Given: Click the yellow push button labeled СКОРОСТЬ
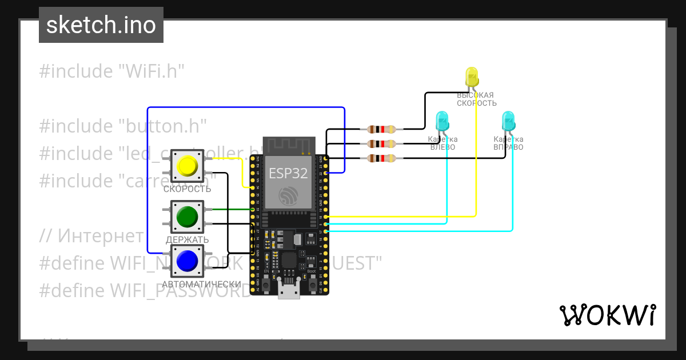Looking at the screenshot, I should (x=187, y=166).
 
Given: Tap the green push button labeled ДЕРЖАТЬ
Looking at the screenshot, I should (x=187, y=217).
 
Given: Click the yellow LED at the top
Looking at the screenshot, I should (x=472, y=78).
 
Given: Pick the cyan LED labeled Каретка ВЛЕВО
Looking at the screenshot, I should (x=442, y=122).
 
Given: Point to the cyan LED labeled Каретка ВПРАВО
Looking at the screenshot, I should (x=508, y=122).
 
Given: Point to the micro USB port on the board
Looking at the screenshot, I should (x=289, y=290).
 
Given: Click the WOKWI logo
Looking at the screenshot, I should (x=607, y=315).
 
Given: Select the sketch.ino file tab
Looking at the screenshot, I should (x=101, y=25).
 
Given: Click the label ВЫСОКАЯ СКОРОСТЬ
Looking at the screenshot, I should (x=476, y=99).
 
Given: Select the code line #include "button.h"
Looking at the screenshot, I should (x=122, y=126).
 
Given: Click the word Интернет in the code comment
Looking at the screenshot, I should (x=101, y=235).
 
